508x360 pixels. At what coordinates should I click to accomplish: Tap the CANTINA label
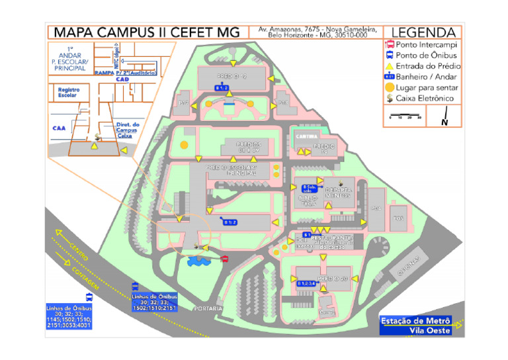click(x=304, y=137)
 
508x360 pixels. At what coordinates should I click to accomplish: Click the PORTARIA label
click(x=207, y=308)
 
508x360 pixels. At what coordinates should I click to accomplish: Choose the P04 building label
click(x=376, y=209)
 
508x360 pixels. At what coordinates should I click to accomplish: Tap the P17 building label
click(x=184, y=103)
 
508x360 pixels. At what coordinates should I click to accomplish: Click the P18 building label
click(x=282, y=103)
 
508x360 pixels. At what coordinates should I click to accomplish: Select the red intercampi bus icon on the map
click(x=224, y=257)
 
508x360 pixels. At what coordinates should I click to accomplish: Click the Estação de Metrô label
click(x=416, y=321)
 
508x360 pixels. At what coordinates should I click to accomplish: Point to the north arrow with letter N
click(x=445, y=118)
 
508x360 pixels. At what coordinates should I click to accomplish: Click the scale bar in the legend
click(x=405, y=118)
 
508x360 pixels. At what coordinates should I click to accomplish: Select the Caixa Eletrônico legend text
click(x=424, y=98)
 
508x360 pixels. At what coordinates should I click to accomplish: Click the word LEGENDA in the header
click(x=423, y=32)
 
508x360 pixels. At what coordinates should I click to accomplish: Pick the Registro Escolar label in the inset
click(x=68, y=92)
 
